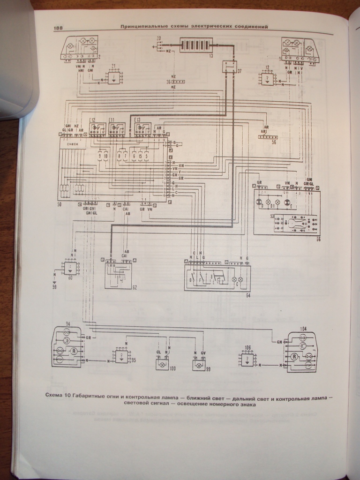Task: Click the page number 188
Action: pos(59,28)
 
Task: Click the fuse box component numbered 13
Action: pos(197,46)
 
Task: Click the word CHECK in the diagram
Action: pos(73,145)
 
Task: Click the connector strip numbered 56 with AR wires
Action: pos(267,136)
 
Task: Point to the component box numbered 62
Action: pos(118,273)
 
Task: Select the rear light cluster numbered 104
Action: pos(302,352)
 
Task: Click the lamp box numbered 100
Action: pos(162,362)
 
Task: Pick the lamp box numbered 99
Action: pos(198,362)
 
